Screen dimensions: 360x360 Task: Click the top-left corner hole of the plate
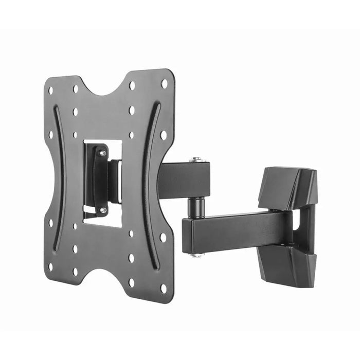(50, 91)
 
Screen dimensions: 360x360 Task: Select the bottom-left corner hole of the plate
(50, 267)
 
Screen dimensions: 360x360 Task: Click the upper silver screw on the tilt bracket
(103, 153)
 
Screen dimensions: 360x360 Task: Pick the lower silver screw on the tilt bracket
(103, 210)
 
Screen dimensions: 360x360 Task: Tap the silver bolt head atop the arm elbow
(195, 160)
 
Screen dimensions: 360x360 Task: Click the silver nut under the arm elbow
(195, 255)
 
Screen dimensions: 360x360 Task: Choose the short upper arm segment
(183, 180)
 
